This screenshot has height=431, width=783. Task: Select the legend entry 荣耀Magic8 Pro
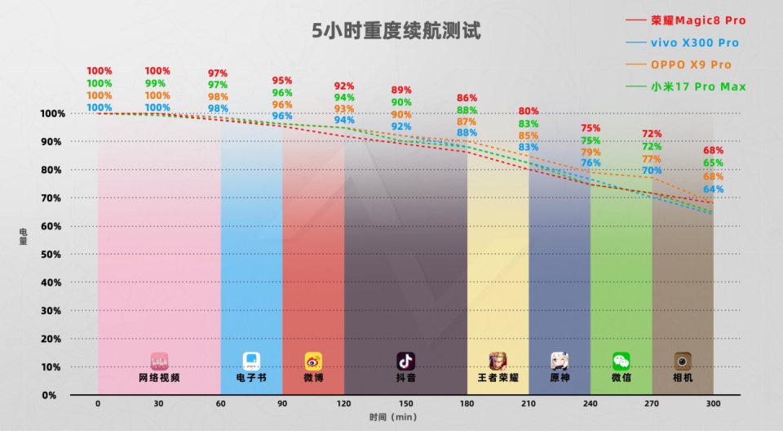click(697, 20)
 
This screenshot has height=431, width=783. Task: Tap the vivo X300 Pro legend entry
click(694, 42)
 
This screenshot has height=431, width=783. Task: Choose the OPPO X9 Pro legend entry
click(690, 64)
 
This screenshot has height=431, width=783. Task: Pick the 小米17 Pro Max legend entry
click(697, 87)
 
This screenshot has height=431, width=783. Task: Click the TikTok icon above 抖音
click(405, 361)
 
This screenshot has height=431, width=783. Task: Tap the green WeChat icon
click(622, 361)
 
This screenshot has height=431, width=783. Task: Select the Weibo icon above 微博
click(313, 361)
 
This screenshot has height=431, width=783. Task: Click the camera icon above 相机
click(683, 361)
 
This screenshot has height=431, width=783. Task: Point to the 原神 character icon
click(560, 361)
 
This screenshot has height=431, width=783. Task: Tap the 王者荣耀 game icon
click(498, 361)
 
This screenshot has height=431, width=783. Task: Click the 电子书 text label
click(251, 378)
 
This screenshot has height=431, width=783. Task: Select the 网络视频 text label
click(159, 378)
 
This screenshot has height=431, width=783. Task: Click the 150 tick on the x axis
click(405, 404)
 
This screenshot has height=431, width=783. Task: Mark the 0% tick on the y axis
click(51, 395)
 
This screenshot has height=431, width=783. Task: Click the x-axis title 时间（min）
click(395, 417)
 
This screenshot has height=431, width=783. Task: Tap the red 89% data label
click(401, 90)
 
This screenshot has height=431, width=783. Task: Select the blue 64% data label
click(713, 189)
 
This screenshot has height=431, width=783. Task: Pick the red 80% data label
click(529, 111)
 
